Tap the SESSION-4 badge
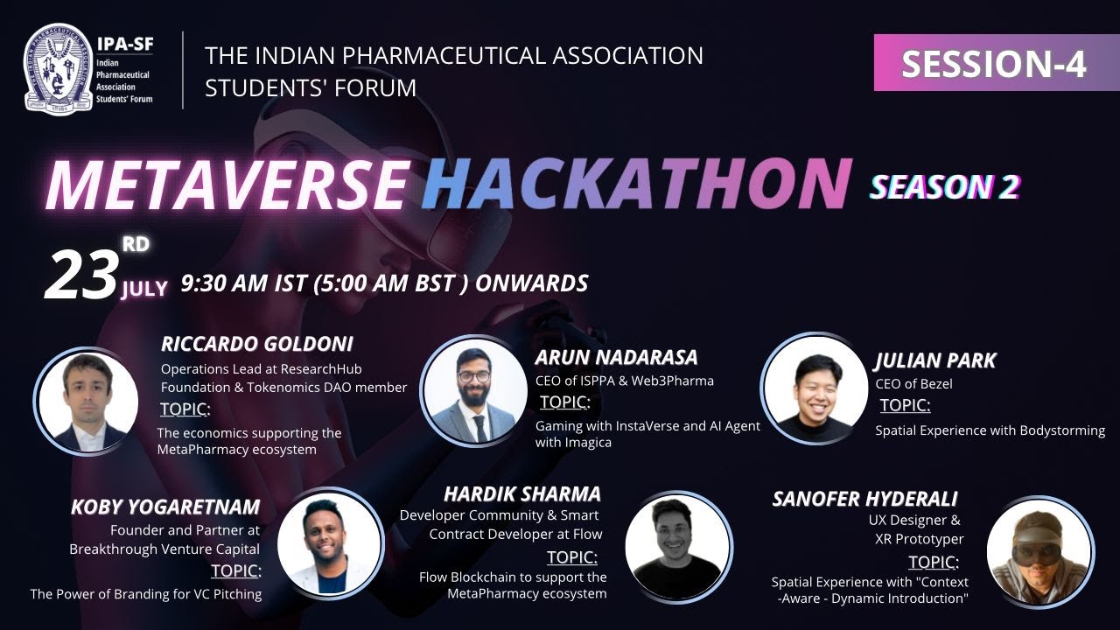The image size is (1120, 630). pyautogui.click(x=994, y=64)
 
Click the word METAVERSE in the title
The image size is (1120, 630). pyautogui.click(x=227, y=185)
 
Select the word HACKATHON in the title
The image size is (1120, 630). pyautogui.click(x=636, y=185)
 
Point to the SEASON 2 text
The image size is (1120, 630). pyautogui.click(x=944, y=186)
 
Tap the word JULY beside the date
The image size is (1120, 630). pyautogui.click(x=144, y=289)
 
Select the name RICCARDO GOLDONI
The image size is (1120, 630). pyautogui.click(x=257, y=344)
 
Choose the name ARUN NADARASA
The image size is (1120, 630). pyautogui.click(x=617, y=357)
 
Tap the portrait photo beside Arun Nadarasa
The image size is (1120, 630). pyautogui.click(x=473, y=390)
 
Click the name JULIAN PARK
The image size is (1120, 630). pyautogui.click(x=934, y=360)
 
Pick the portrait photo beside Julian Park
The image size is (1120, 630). pyautogui.click(x=814, y=387)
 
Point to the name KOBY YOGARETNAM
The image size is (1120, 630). pyautogui.click(x=166, y=507)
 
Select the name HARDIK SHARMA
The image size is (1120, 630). pyautogui.click(x=522, y=493)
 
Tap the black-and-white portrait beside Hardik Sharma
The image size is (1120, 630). pyautogui.click(x=678, y=547)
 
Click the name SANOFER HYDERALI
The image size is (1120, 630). pyautogui.click(x=864, y=499)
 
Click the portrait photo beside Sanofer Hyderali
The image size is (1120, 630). pyautogui.click(x=1040, y=551)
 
